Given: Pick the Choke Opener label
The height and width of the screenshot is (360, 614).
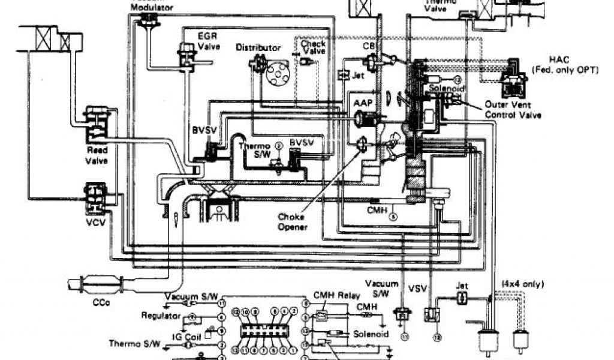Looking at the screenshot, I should (x=293, y=223).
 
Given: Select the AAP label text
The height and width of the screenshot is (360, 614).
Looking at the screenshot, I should (x=366, y=103).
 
